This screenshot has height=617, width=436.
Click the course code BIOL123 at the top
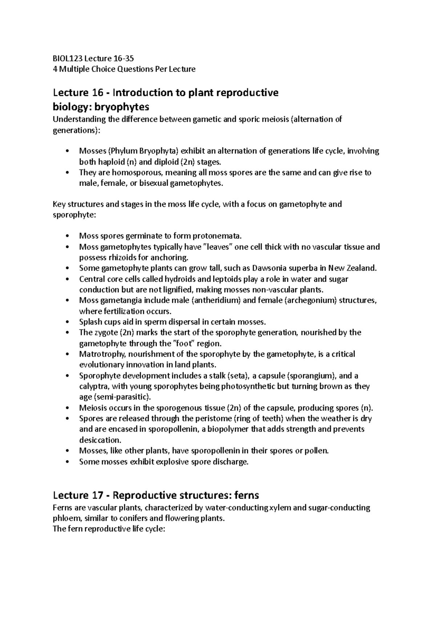click(x=66, y=59)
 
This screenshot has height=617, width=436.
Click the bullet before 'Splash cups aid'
click(x=66, y=322)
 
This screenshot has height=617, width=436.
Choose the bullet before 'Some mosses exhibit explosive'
click(x=66, y=462)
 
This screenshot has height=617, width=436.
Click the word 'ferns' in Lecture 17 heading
click(x=247, y=495)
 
